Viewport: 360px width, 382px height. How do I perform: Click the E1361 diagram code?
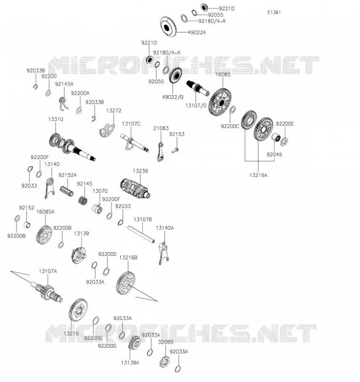click(x=274, y=12)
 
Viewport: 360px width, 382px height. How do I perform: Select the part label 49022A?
click(x=197, y=32)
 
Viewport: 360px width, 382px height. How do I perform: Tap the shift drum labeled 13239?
click(x=135, y=188)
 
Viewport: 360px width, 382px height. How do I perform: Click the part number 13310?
click(x=55, y=119)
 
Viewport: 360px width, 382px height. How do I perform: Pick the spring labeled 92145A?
click(x=64, y=103)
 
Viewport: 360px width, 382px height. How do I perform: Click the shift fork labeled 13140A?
click(x=164, y=254)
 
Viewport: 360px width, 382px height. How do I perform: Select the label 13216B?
click(x=128, y=257)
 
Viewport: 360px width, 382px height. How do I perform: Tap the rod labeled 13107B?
click(x=141, y=234)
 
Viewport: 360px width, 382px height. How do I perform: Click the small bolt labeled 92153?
click(x=175, y=150)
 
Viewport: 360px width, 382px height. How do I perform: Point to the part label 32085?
click(x=166, y=342)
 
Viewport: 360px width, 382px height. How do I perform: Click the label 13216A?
click(x=258, y=175)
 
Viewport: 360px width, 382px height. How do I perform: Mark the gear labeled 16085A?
click(x=44, y=235)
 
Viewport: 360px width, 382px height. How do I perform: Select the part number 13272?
click(x=114, y=110)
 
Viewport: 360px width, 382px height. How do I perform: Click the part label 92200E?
click(x=285, y=124)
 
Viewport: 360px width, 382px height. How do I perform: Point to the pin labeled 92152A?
click(x=67, y=191)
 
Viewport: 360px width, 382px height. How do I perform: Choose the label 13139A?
click(x=130, y=363)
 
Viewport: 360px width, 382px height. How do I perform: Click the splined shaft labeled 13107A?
click(x=47, y=292)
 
